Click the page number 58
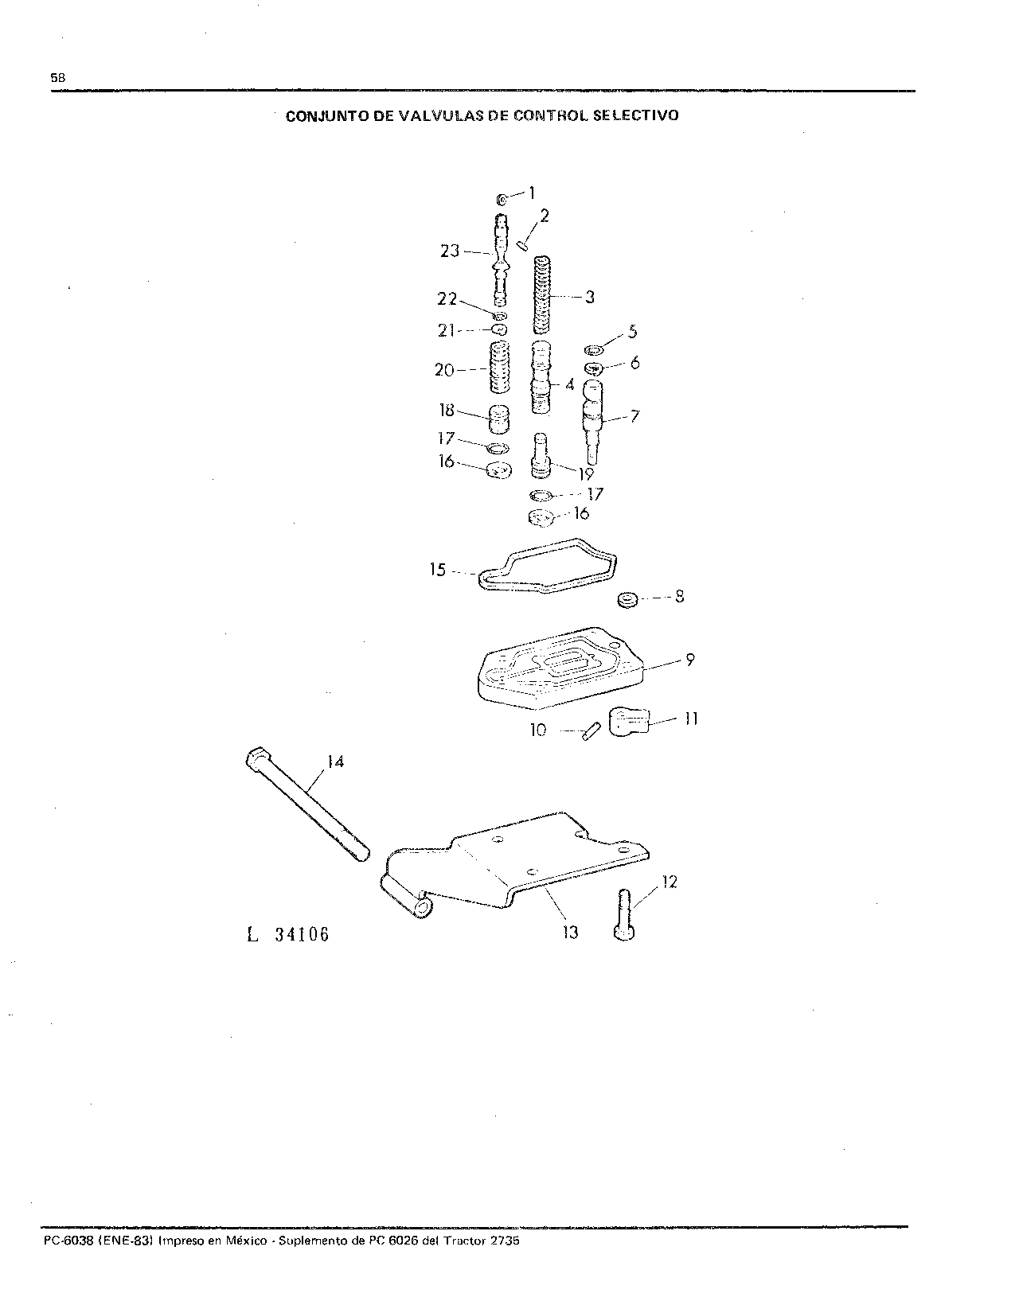[x=57, y=77]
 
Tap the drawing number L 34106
[x=288, y=934]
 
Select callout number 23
[x=450, y=251]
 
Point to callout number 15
[x=438, y=569]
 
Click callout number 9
[x=689, y=660]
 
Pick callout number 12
[x=670, y=882]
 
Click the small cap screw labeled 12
[x=624, y=914]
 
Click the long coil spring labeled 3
[x=543, y=295]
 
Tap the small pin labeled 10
[x=591, y=730]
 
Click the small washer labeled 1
[x=503, y=200]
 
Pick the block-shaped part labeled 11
[x=629, y=721]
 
